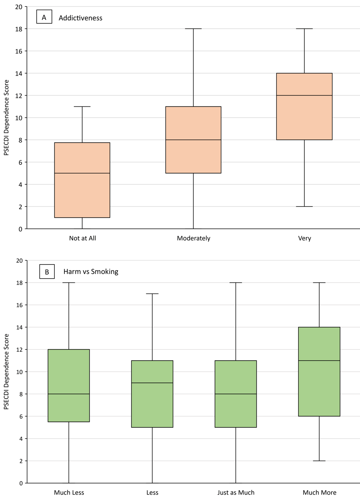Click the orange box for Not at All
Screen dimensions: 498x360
(82, 180)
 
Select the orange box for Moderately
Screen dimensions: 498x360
(193, 140)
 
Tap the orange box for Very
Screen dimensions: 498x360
(304, 106)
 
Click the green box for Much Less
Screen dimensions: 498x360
(69, 386)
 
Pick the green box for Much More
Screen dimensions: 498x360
(319, 372)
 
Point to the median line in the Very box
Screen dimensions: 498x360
(304, 95)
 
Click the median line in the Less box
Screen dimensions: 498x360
(152, 383)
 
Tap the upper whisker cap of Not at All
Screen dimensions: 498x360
(82, 107)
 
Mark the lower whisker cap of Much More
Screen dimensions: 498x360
(319, 461)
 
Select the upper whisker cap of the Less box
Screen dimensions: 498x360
(152, 294)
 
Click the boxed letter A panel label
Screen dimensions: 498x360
(44, 17)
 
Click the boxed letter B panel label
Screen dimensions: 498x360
(47, 272)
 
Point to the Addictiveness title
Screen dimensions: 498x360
(80, 18)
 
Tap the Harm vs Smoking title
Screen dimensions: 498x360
(91, 272)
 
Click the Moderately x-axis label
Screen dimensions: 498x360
(193, 238)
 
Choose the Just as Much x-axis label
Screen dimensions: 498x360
(236, 493)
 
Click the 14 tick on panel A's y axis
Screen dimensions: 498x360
(19, 74)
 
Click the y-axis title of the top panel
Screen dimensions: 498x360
(6, 118)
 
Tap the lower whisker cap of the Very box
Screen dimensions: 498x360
(304, 206)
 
